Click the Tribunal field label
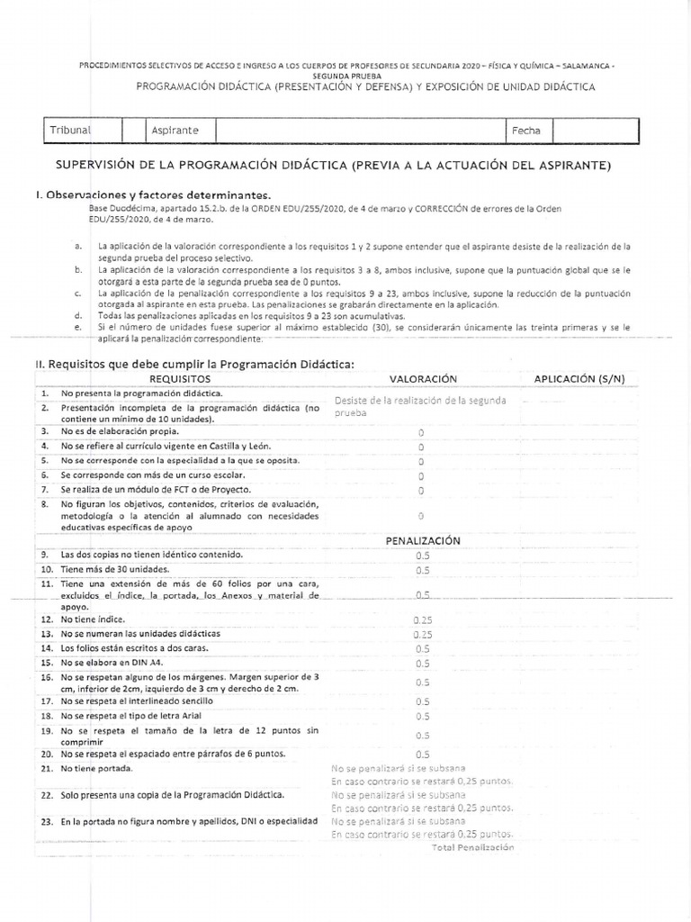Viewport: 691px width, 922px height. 71,131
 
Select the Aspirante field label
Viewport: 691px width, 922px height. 175,131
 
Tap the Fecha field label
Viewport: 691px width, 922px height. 526,131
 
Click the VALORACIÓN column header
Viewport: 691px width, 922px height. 423,380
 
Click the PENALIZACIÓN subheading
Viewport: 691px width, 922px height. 423,540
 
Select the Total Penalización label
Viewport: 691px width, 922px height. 472,847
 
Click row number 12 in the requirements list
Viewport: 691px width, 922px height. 46,619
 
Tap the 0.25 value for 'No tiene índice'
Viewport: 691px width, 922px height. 422,620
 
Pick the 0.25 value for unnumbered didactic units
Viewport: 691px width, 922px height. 422,634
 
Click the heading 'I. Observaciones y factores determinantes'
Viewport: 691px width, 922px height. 152,194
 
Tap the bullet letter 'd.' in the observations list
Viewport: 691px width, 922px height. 79,316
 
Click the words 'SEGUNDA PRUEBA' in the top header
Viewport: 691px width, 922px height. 345,76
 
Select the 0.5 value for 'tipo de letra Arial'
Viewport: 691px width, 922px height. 422,716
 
